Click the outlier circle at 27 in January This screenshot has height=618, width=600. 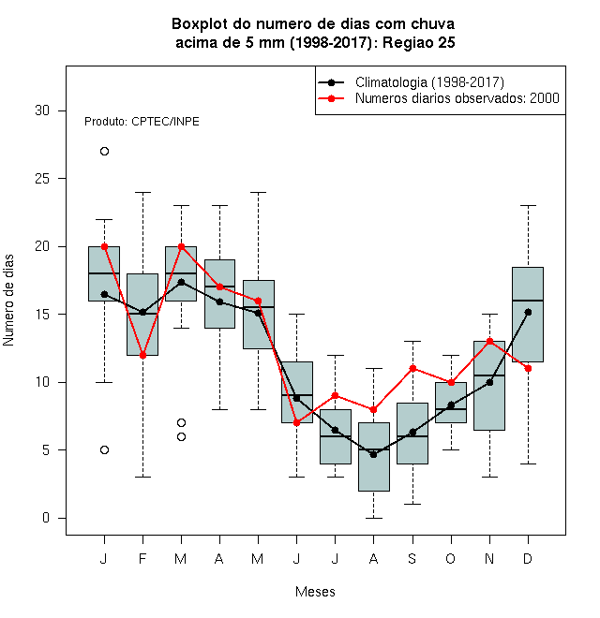click(x=104, y=152)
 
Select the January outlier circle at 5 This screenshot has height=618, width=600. click(x=104, y=450)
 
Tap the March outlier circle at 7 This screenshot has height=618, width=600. click(x=181, y=423)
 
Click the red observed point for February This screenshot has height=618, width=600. click(x=142, y=355)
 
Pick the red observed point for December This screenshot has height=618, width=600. click(x=528, y=369)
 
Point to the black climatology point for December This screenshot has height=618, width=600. click(x=528, y=312)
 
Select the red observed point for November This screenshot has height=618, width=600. click(x=490, y=342)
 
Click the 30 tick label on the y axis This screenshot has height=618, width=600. click(x=42, y=110)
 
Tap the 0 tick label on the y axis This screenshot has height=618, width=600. click(x=46, y=518)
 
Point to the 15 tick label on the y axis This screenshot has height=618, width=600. click(x=42, y=314)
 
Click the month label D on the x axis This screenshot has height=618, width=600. click(x=528, y=558)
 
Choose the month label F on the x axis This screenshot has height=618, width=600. click(x=142, y=558)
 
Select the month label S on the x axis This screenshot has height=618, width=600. click(x=412, y=558)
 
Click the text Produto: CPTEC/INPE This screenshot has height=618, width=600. click(x=142, y=122)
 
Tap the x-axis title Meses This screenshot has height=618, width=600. click(x=315, y=592)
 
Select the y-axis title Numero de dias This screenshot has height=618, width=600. click(x=8, y=301)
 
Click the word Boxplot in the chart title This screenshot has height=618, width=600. click(x=200, y=24)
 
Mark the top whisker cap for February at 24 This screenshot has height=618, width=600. click(x=142, y=192)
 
